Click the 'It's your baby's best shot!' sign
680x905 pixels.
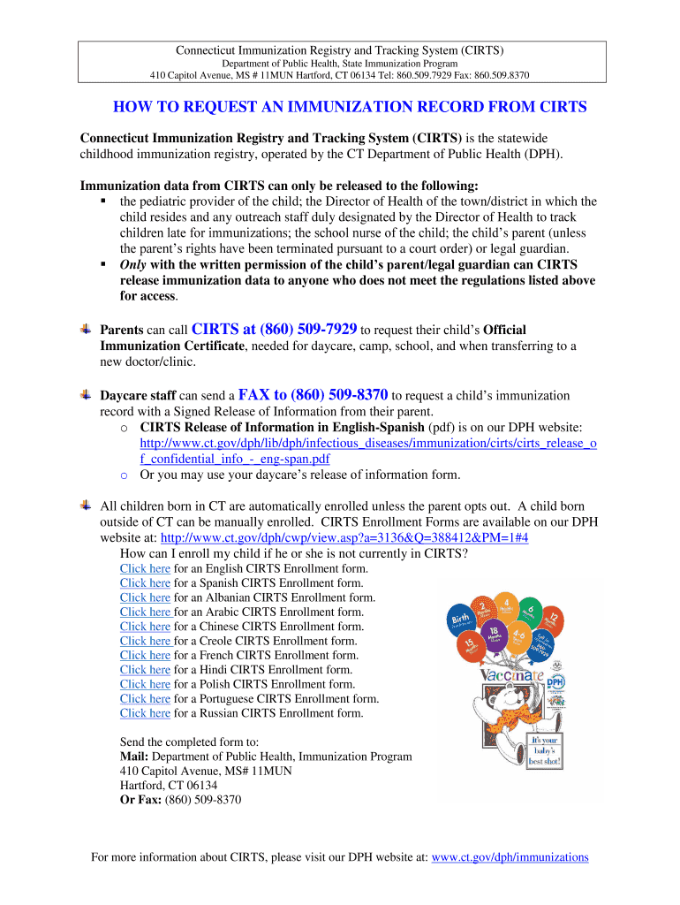(545, 749)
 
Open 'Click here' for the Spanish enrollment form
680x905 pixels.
(145, 583)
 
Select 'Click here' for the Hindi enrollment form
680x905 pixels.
(145, 670)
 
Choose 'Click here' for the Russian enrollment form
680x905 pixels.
(145, 713)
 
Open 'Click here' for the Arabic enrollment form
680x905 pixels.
(145, 612)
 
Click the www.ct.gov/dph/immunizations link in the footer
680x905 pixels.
(510, 857)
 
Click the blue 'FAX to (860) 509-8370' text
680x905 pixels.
(314, 395)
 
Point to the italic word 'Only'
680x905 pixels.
(133, 265)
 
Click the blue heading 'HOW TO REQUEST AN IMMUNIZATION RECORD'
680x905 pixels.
(350, 108)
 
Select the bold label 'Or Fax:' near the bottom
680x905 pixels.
(140, 800)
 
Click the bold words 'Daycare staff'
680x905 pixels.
(138, 397)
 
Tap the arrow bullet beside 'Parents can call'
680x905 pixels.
(86, 329)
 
